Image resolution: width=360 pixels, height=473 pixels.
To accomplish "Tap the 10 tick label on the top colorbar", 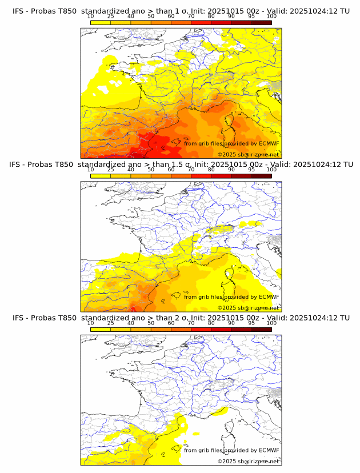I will click(91, 17).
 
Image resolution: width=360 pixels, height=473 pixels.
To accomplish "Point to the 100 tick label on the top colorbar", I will click(271, 17).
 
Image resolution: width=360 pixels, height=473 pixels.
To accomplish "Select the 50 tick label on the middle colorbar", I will click(151, 170).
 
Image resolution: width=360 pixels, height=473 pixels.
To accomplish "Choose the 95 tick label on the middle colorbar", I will click(251, 170).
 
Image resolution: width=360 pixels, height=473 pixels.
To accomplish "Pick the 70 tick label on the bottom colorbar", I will click(191, 323).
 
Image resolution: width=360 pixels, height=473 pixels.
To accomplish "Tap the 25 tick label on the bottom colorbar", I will click(111, 323).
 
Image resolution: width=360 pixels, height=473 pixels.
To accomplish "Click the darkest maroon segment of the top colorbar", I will click(262, 22).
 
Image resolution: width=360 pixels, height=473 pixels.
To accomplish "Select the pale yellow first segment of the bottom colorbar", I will click(101, 328).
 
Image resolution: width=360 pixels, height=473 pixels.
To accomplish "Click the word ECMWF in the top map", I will click(269, 143).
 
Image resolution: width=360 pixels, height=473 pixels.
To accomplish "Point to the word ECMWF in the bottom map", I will click(269, 450).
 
